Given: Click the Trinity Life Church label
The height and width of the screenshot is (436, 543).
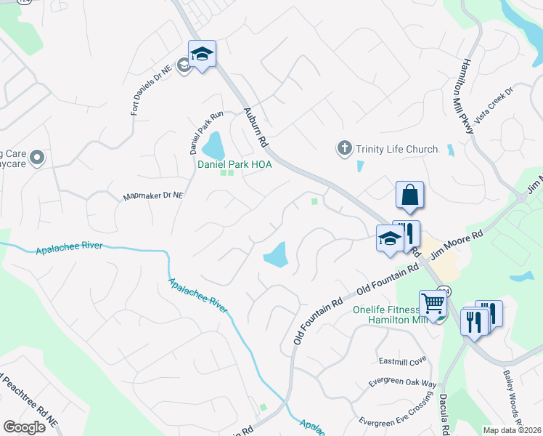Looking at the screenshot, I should click(396, 149).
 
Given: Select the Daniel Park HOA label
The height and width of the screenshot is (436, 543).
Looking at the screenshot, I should click(235, 165).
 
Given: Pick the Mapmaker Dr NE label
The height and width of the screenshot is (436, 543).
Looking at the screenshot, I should click(153, 195).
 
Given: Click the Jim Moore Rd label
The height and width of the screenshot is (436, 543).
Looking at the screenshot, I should click(457, 245).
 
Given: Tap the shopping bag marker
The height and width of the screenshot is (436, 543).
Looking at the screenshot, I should click(410, 195).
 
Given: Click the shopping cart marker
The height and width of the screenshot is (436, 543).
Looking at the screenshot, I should click(433, 302).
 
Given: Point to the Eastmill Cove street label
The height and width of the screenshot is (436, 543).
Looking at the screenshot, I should click(402, 361).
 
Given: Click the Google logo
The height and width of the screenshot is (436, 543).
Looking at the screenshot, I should click(24, 427).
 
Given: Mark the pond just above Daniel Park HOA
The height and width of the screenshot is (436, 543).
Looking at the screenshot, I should click(214, 145).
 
